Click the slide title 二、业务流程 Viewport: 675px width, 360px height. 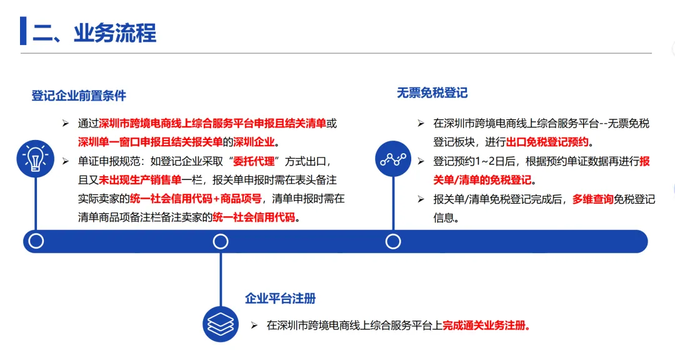pyautogui.click(x=94, y=32)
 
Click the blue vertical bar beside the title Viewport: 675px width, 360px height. pyautogui.click(x=23, y=31)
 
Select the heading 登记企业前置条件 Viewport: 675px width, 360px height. pyautogui.click(x=79, y=96)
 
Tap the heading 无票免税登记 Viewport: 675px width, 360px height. pyautogui.click(x=432, y=93)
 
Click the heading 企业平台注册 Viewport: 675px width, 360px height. pyautogui.click(x=280, y=298)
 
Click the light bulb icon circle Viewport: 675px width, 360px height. pyautogui.click(x=35, y=159)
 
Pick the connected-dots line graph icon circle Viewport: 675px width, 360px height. pyautogui.click(x=393, y=159)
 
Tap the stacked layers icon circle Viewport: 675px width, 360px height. pyautogui.click(x=221, y=324)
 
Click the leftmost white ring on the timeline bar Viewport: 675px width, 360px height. pyautogui.click(x=36, y=241)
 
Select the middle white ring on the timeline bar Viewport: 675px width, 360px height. pyautogui.click(x=221, y=242)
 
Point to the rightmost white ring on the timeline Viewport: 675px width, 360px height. pyautogui.click(x=393, y=242)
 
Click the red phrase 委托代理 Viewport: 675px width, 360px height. pyautogui.click(x=254, y=161)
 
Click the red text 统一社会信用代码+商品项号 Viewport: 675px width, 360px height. pyautogui.click(x=196, y=199)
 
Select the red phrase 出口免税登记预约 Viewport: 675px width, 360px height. pyautogui.click(x=547, y=142)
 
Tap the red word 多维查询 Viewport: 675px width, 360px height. pyautogui.click(x=592, y=199)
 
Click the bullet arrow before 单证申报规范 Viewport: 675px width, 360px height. pyautogui.click(x=66, y=161)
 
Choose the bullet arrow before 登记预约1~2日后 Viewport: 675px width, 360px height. pyautogui.click(x=421, y=161)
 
